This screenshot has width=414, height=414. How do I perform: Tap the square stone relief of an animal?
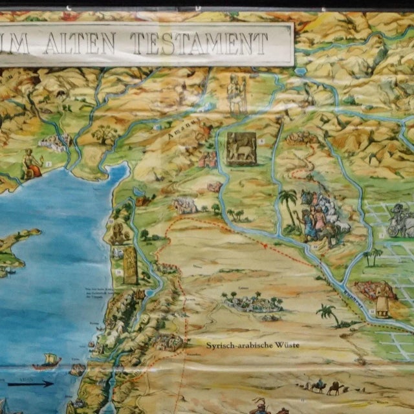pos(241,149)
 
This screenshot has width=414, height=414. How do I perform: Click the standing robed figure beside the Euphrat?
pos(382,300)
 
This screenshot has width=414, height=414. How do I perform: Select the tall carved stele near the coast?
pos(131,265)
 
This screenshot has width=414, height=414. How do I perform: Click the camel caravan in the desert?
pos(323,387)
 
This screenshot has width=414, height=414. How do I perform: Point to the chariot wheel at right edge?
pos(395,228)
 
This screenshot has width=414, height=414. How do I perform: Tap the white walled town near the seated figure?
pos(55,142)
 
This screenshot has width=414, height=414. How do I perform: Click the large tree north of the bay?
pos(104,135)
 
